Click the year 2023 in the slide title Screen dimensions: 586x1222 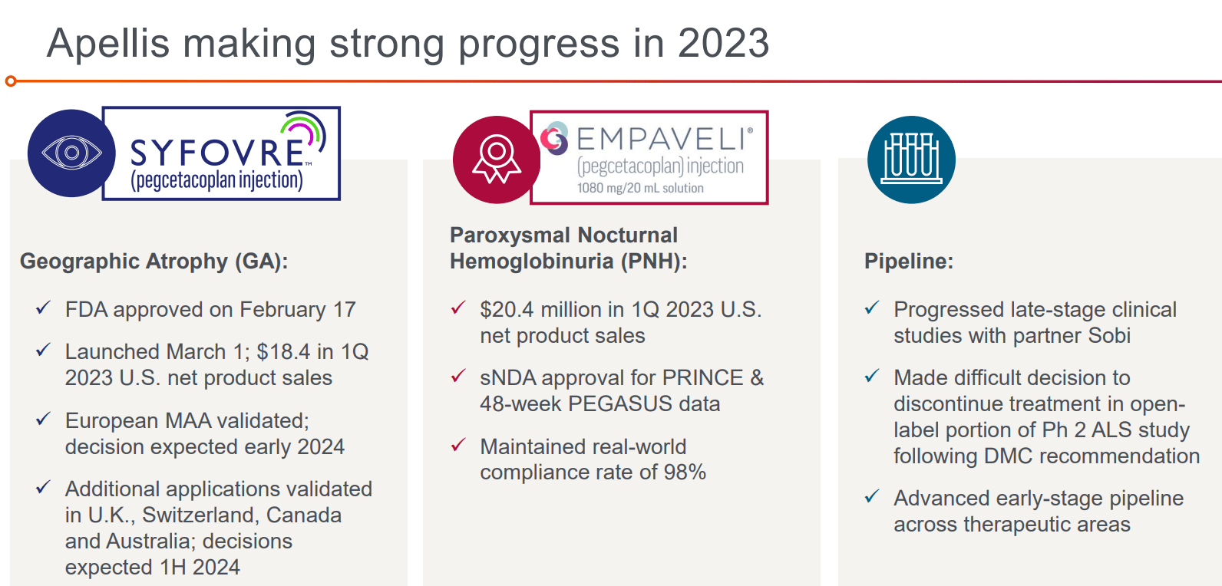(x=723, y=44)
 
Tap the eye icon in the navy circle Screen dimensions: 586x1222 (x=71, y=153)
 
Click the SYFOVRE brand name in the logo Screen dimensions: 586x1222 (x=217, y=153)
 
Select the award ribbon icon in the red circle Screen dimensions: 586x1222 (x=497, y=159)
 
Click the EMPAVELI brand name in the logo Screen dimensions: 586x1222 (x=661, y=139)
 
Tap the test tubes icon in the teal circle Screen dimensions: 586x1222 (x=911, y=159)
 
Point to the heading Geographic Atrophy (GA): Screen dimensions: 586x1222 (x=154, y=261)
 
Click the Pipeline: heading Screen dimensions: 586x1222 (x=908, y=261)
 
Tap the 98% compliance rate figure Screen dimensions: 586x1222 (x=685, y=472)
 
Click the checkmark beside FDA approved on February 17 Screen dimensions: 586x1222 (x=43, y=308)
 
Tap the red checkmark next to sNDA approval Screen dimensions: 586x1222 (x=458, y=376)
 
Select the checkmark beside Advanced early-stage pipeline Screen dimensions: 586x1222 (x=872, y=497)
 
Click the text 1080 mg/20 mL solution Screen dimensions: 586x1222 (x=640, y=188)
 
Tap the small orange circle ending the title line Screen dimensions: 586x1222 (x=11, y=81)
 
